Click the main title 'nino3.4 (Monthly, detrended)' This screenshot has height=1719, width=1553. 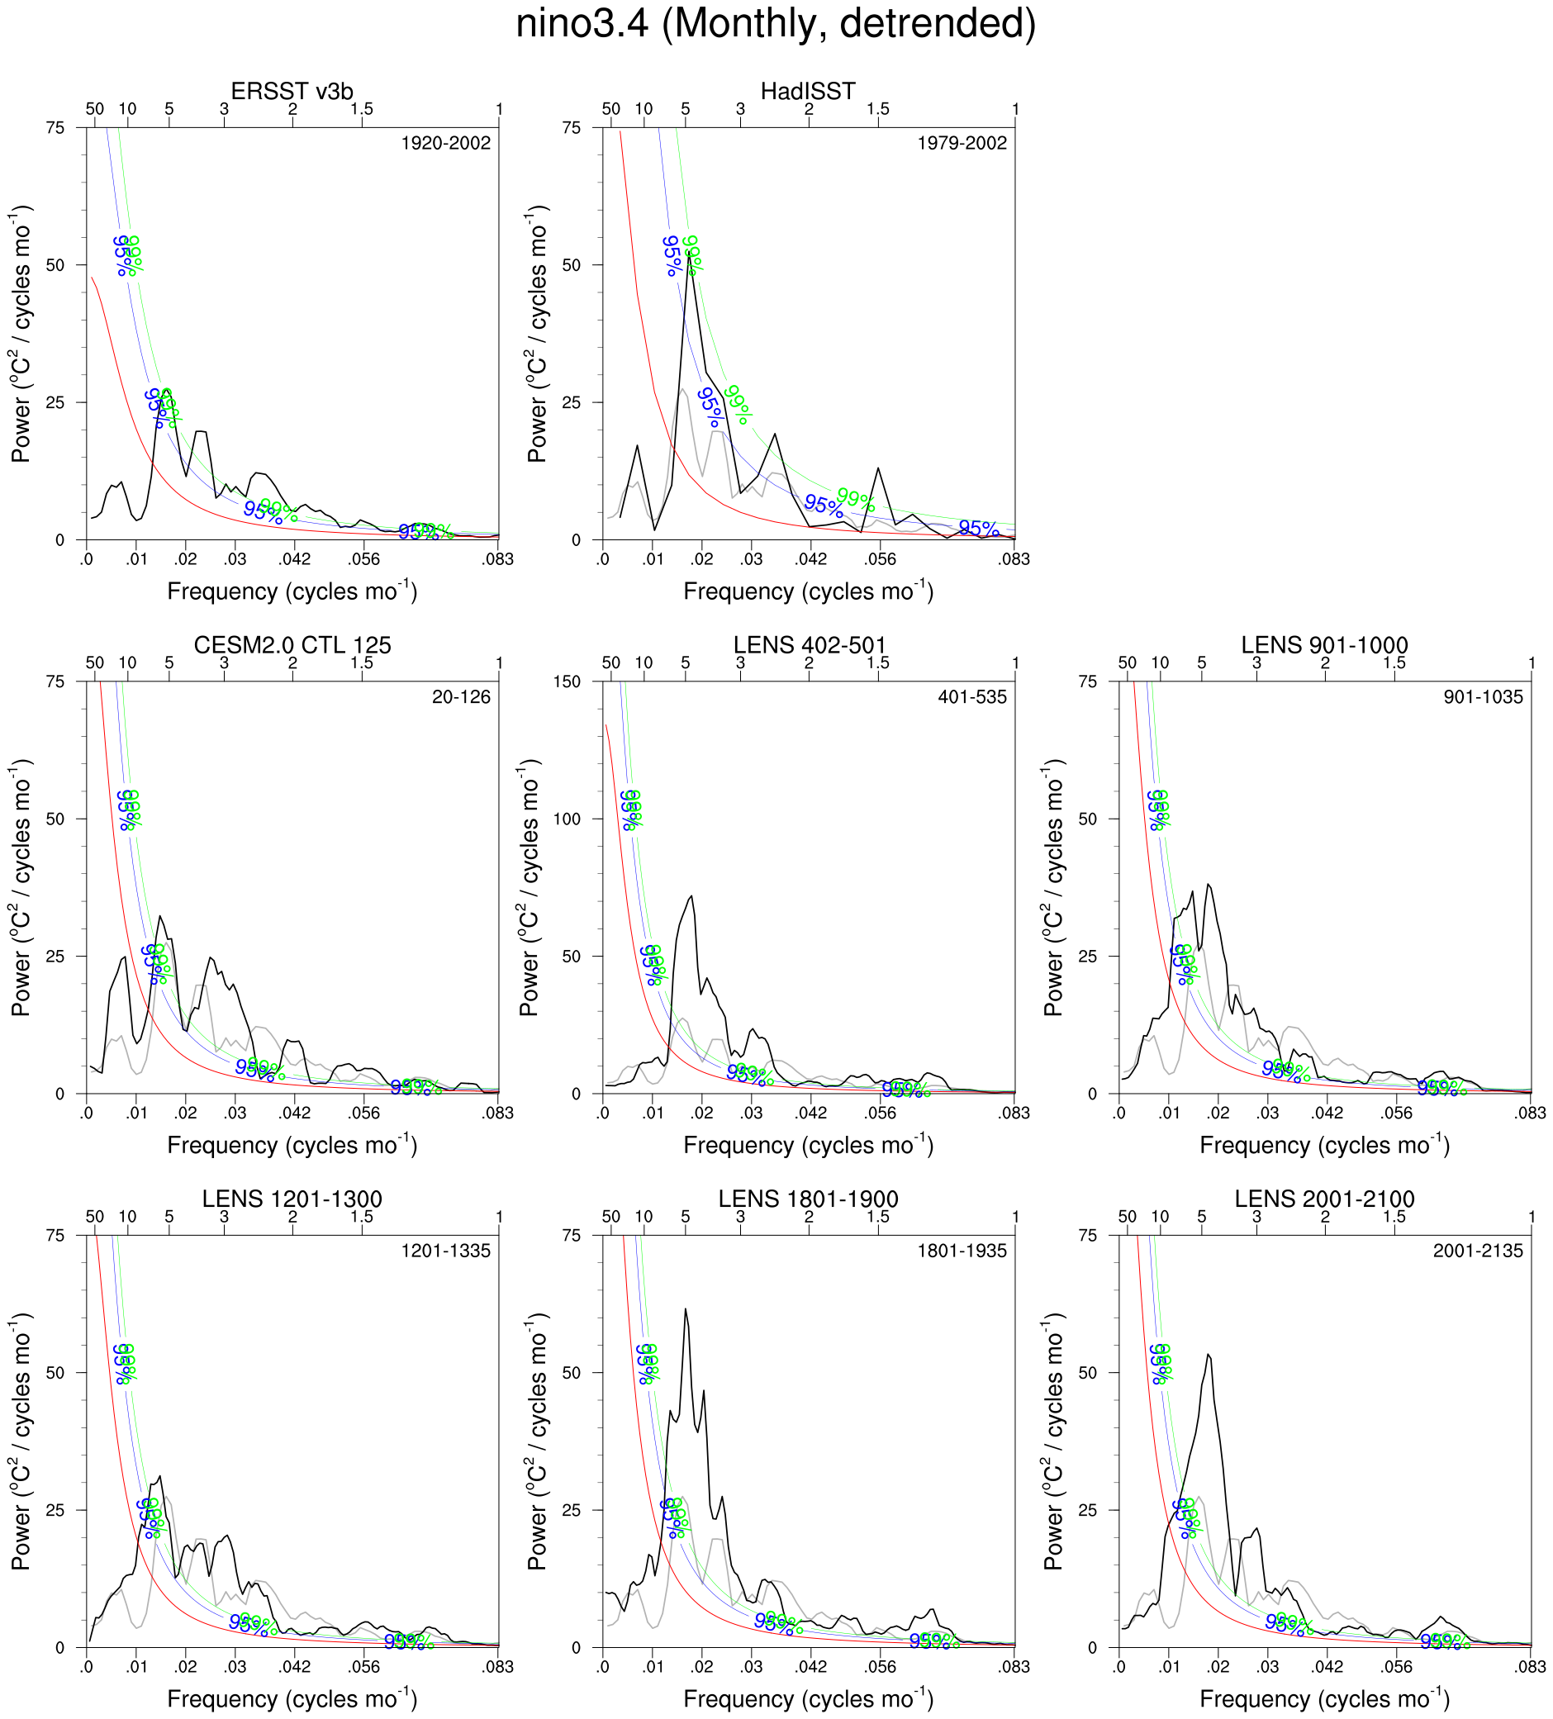775,24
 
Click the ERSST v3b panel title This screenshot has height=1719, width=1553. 292,91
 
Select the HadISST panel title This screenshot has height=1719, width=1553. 808,91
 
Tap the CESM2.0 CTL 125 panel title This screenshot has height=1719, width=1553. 292,644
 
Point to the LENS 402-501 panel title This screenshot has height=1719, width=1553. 810,644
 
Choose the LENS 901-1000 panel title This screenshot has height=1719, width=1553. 1324,644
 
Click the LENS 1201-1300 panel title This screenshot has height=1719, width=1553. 292,1199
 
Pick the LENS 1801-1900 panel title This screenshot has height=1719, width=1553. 808,1199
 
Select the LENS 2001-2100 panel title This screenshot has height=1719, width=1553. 1324,1199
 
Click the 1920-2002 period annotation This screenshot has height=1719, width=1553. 446,143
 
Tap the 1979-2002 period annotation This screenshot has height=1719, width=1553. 962,143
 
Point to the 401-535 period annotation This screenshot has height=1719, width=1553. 972,697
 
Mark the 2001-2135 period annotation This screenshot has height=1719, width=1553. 1478,1251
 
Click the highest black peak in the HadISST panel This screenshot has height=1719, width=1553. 689,255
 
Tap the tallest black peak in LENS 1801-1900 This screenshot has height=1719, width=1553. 685,1308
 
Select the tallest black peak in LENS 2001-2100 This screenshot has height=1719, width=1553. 1209,1355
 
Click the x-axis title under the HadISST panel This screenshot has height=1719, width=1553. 808,591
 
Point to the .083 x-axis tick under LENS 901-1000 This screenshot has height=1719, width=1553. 1531,1113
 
